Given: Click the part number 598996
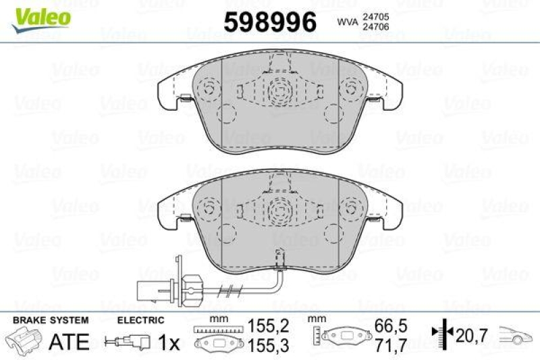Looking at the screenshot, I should (269, 22).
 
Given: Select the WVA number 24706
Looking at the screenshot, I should (375, 28).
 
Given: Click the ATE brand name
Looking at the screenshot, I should (70, 342).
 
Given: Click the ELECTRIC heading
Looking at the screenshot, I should (140, 319).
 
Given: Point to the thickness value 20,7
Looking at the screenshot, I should (471, 333).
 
